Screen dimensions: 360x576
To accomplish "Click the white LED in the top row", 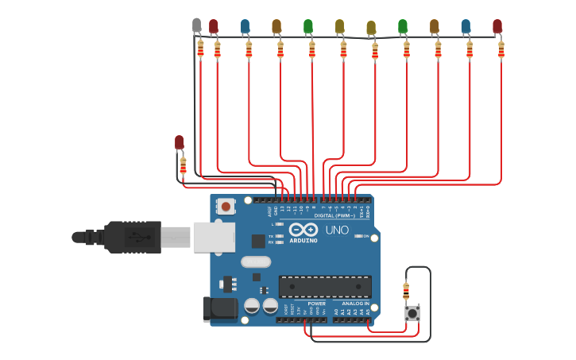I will pos(197,26).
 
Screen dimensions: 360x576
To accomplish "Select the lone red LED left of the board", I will pos(180,142).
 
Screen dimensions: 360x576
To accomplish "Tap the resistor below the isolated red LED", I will pos(184,165).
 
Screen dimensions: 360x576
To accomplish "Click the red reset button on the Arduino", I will pos(226,207).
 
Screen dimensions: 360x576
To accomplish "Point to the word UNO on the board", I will pos(337,230).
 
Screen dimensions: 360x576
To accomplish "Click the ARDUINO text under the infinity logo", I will pos(303,240).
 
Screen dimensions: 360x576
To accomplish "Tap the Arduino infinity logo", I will pos(303,229).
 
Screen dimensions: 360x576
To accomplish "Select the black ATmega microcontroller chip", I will pos(324,286).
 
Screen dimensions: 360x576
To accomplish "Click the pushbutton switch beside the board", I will pos(412,313).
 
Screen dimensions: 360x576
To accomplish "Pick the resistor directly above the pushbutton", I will pos(407,290).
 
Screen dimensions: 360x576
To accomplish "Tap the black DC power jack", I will pos(220,309).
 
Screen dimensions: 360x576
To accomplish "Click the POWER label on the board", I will pos(316,304).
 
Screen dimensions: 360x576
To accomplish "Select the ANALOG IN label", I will pos(355,304).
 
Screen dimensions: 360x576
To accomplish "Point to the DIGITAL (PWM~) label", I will pos(334,215).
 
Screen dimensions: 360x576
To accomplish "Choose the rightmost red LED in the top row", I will pos(497,26).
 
